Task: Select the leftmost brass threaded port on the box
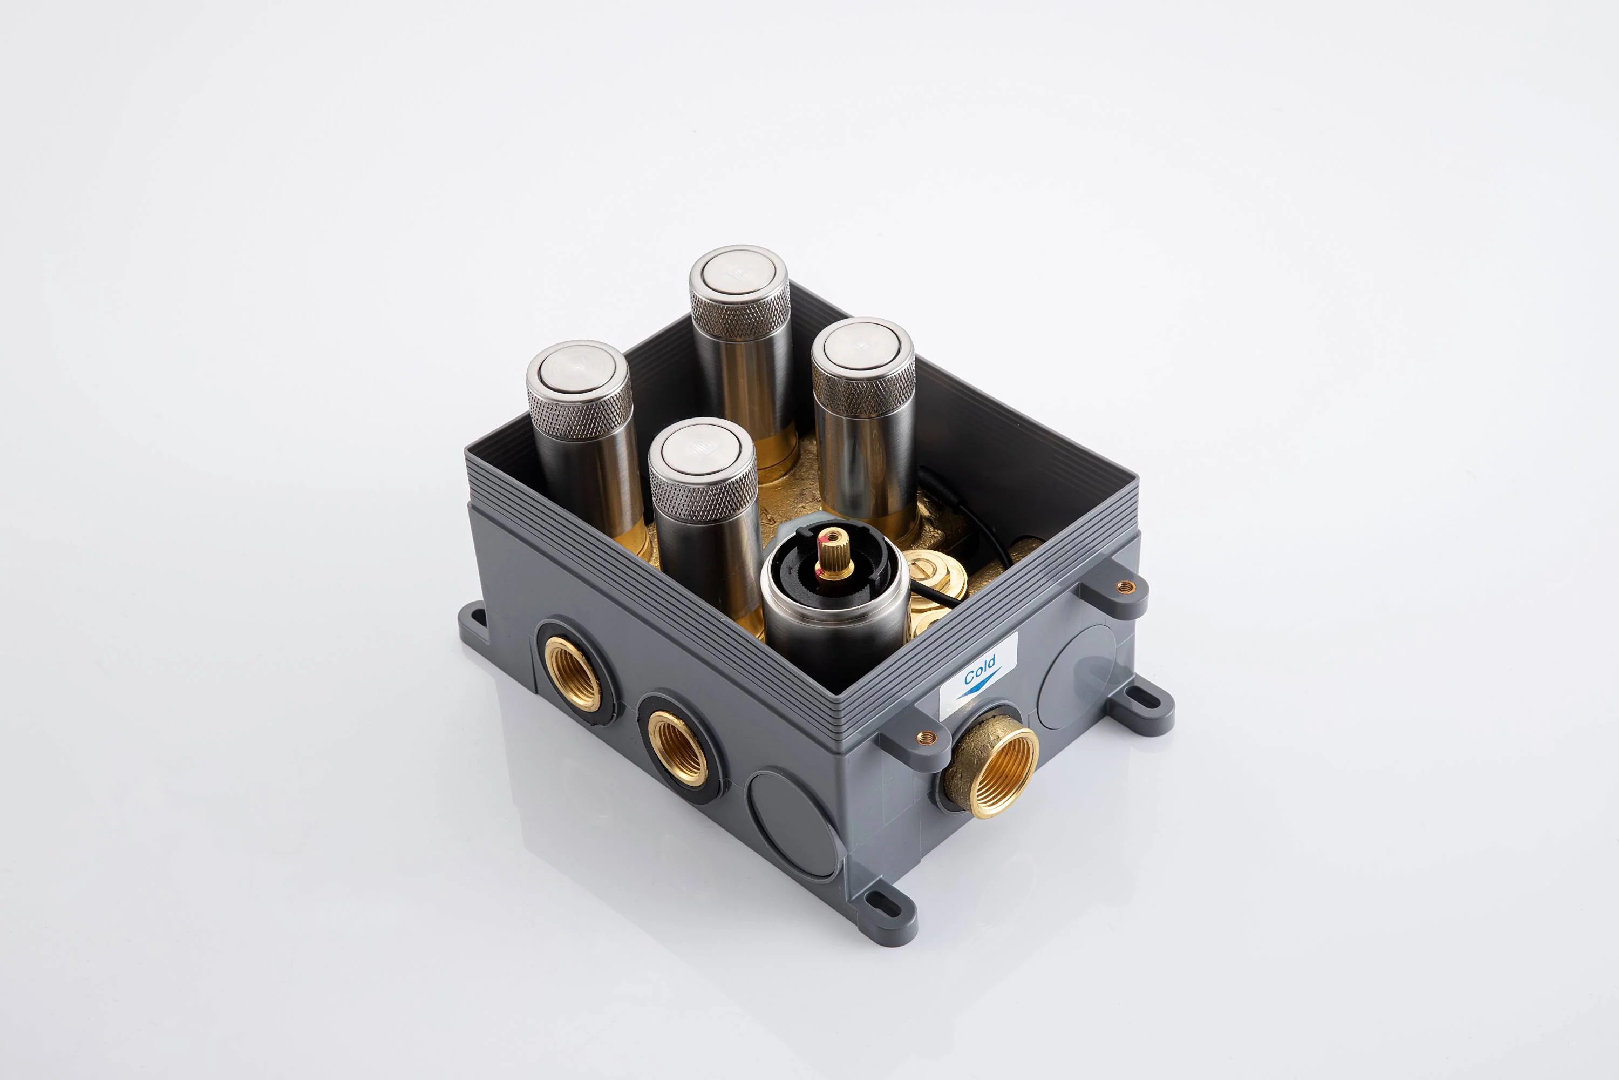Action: pos(573,673)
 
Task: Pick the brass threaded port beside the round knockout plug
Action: pos(678,748)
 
